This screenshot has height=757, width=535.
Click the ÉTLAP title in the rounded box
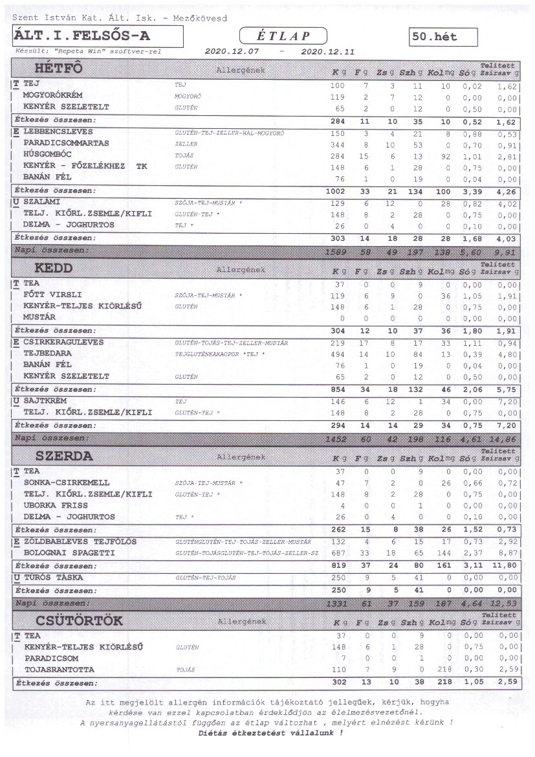click(x=283, y=36)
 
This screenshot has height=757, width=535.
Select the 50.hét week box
click(x=443, y=38)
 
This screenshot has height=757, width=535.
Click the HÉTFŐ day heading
click(x=58, y=69)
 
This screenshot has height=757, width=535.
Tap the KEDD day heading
click(x=54, y=267)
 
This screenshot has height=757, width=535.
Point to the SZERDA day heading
click(x=64, y=456)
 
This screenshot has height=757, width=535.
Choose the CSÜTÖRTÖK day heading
click(x=79, y=620)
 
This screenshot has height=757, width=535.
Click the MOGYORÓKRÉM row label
click(x=56, y=96)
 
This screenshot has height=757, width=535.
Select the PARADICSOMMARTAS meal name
click(x=66, y=143)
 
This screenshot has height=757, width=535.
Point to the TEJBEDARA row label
click(x=47, y=354)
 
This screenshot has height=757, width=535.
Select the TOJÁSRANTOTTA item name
click(x=59, y=669)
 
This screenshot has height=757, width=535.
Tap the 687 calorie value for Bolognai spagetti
click(x=338, y=553)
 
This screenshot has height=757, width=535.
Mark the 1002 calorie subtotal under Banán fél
click(x=336, y=191)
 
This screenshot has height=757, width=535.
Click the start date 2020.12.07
click(x=232, y=51)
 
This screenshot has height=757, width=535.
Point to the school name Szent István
click(x=42, y=18)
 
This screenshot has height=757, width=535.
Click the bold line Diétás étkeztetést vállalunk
click(x=270, y=733)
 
